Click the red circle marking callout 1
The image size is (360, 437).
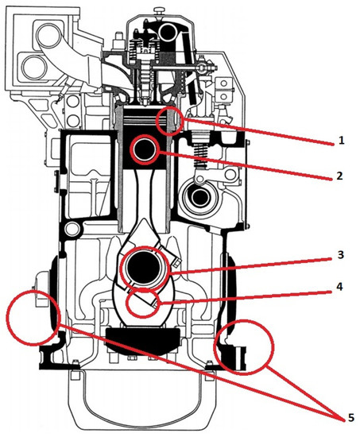point(169,122)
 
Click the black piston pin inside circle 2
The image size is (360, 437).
point(146,149)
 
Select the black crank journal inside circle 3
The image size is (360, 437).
point(145,269)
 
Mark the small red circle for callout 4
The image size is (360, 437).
point(144,304)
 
